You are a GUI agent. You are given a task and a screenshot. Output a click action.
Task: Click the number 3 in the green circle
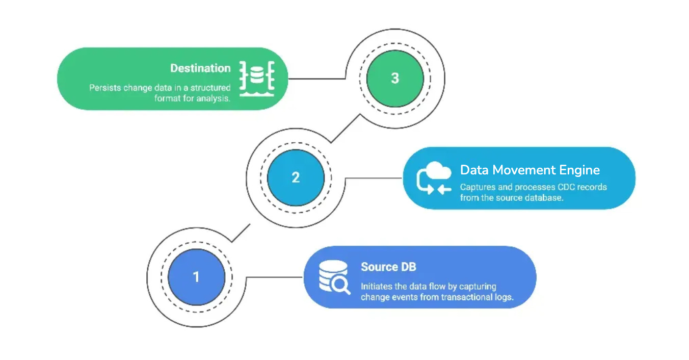pos(395,79)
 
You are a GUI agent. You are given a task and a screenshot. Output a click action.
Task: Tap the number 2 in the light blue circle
pos(296,178)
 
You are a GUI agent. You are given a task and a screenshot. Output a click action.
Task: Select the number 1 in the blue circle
pos(196,277)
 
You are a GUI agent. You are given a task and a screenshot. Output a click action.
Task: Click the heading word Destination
pos(200,68)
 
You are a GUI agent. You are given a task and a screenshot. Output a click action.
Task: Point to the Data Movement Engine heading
pos(529,170)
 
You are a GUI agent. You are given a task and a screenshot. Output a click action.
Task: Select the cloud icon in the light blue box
pos(438,171)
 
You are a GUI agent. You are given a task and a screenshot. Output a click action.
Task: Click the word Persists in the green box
pos(105,88)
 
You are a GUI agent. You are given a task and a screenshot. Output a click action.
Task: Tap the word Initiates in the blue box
pos(378,287)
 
